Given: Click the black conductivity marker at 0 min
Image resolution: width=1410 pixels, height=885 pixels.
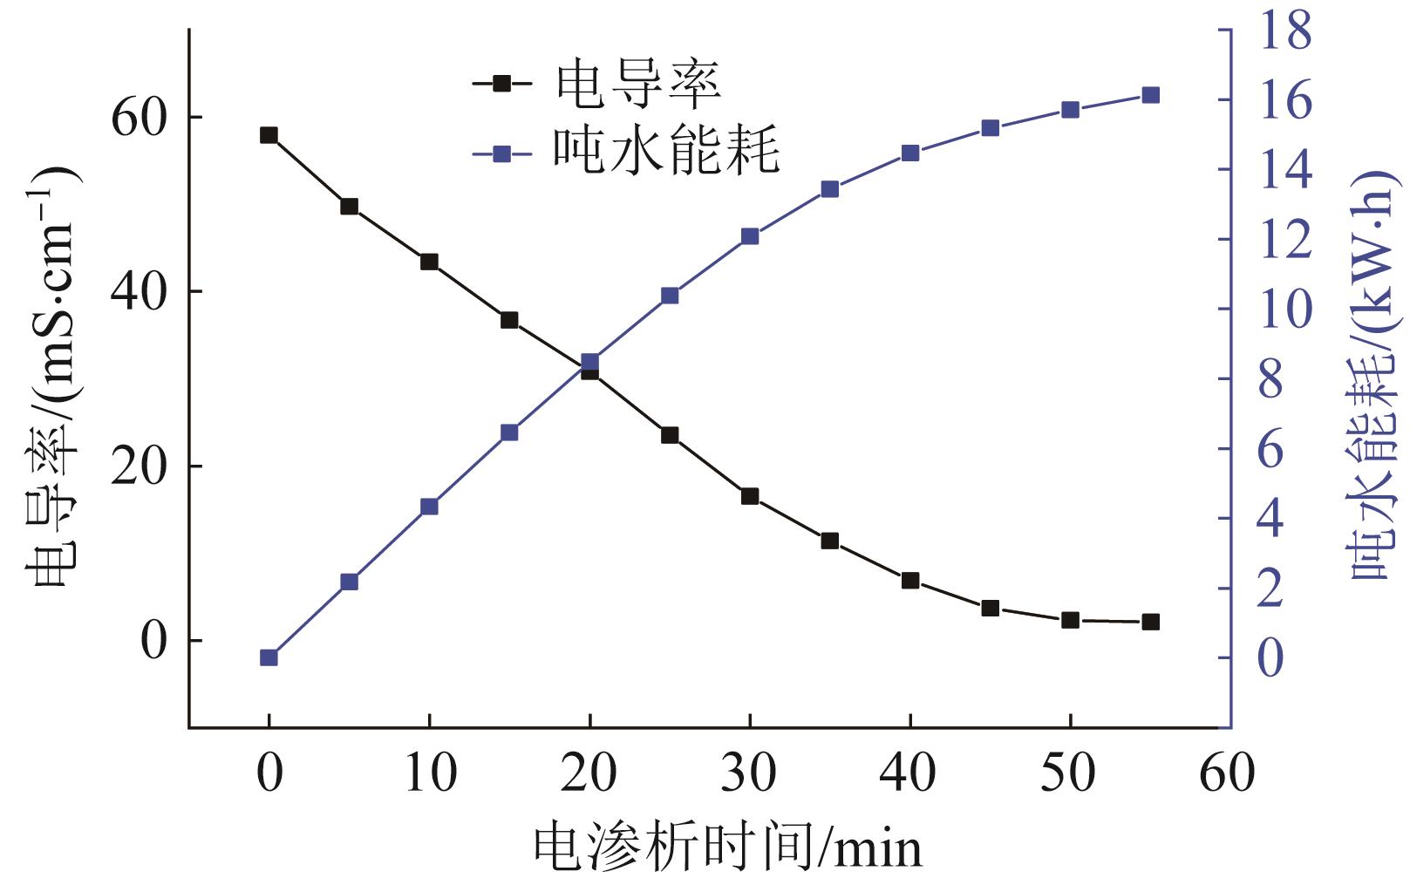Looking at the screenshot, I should (269, 135).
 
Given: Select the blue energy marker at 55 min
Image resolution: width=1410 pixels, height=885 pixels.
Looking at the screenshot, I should (1150, 95).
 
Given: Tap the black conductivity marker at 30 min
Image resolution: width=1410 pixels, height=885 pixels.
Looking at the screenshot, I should (750, 496).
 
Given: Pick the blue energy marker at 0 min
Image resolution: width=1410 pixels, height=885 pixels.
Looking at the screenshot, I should (269, 657).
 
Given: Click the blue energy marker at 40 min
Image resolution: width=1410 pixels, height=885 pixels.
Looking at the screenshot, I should (910, 153).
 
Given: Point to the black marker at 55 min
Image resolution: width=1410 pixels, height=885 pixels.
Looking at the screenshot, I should (1150, 622).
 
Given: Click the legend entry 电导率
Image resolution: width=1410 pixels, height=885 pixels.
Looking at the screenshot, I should (637, 84).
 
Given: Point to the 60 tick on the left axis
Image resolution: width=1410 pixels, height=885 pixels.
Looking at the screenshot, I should (138, 117).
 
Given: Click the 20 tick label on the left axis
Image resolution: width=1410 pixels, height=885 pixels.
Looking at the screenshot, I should (138, 466).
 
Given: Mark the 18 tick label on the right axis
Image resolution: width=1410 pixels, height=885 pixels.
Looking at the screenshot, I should (1285, 29).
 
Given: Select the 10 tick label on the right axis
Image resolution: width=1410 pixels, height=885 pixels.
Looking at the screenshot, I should (1285, 309).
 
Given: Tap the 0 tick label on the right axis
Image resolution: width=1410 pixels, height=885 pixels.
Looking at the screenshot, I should (1271, 657).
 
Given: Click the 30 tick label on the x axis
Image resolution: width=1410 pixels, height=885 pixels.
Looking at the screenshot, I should (748, 773).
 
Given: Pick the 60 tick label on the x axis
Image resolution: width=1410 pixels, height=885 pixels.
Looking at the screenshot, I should (1227, 773).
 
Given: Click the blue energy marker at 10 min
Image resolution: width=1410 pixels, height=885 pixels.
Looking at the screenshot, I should (429, 507).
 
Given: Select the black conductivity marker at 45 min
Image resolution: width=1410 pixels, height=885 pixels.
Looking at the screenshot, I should (990, 608).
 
